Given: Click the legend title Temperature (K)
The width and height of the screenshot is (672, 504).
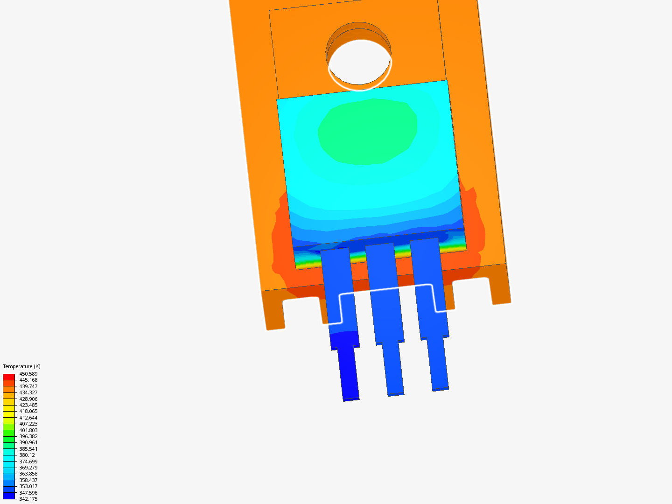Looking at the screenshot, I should point(21,366).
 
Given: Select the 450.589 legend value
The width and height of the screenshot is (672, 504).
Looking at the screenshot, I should point(28,374).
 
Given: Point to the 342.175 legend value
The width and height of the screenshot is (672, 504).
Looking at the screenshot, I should point(28,499).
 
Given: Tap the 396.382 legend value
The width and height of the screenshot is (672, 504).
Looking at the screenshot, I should point(28,436).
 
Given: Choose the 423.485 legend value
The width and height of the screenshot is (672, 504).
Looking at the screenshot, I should point(28,405).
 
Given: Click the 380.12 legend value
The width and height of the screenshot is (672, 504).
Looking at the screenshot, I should point(27,455).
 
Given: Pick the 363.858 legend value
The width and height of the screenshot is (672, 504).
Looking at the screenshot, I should point(28,474).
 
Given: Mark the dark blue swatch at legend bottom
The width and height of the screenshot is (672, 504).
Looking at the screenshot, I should point(9,496).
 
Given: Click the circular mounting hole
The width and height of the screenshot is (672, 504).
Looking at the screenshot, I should point(359,63).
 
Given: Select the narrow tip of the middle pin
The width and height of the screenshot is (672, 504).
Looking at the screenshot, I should point(393,369).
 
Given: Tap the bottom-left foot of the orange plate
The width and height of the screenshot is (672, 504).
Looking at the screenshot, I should point(273,313).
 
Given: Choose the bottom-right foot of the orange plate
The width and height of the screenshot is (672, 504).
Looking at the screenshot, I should point(499,287).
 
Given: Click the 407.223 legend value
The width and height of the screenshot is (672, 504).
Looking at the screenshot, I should point(28,424).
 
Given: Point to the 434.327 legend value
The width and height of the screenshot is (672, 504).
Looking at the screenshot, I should point(28,392).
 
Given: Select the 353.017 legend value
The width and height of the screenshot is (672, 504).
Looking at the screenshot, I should point(28,486).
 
